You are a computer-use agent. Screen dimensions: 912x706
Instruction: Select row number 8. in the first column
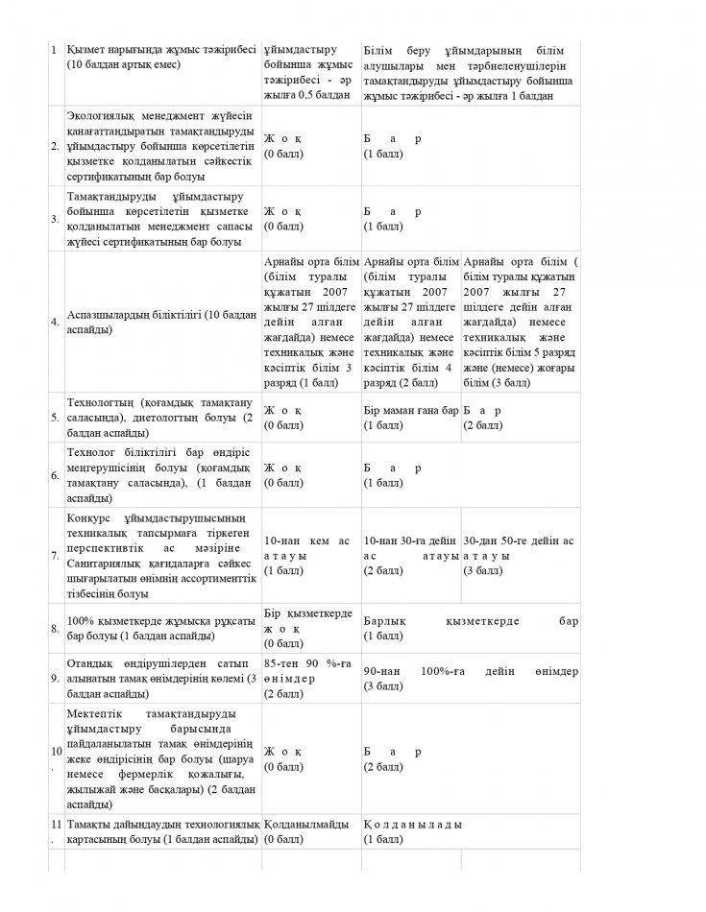point(55,629)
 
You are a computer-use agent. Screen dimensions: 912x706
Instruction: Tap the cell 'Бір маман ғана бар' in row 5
point(411,410)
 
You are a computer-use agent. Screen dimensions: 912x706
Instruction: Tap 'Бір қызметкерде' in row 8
point(307,613)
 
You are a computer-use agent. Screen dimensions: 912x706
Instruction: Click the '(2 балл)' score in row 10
point(383,767)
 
